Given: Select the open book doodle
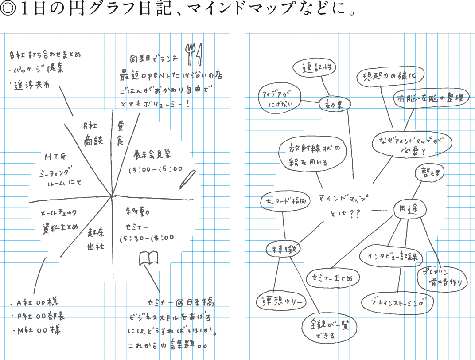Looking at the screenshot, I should point(148,258).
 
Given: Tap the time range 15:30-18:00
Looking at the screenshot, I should point(147,238).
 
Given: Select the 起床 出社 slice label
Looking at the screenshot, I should point(95,239).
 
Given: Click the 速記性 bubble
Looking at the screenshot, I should point(315,68).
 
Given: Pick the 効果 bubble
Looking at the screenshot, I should point(335,104).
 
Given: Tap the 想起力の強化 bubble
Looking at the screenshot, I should point(390,75).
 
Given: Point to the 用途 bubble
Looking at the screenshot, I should point(410,210).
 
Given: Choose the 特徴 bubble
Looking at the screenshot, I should point(283,250).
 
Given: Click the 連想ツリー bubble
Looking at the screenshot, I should point(281,301).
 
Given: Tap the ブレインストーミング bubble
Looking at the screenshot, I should point(397,303).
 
